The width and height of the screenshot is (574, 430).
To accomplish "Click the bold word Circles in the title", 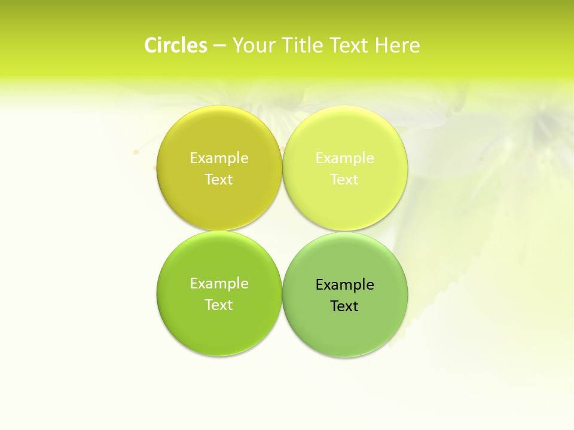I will coord(175,45).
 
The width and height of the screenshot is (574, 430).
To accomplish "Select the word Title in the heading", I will coord(303,45).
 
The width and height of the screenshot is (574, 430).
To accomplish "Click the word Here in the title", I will coord(398,45).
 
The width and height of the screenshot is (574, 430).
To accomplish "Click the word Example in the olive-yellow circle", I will coord(219,158).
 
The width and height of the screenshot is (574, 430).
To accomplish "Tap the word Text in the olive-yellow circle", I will coord(219,179).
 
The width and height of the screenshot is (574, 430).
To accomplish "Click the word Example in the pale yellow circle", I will coord(345,158).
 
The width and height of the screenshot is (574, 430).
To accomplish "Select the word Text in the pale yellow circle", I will coord(345,179).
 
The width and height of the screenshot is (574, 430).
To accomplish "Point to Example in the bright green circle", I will coord(219,283).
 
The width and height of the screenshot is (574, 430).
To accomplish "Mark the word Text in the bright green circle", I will coord(219,305).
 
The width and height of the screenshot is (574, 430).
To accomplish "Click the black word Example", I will coord(345,284).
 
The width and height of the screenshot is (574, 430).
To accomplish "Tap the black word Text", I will coord(345,306).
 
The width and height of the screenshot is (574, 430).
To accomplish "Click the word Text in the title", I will coord(350,45).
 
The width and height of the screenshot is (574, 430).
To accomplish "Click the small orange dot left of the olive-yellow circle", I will coord(136,152).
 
